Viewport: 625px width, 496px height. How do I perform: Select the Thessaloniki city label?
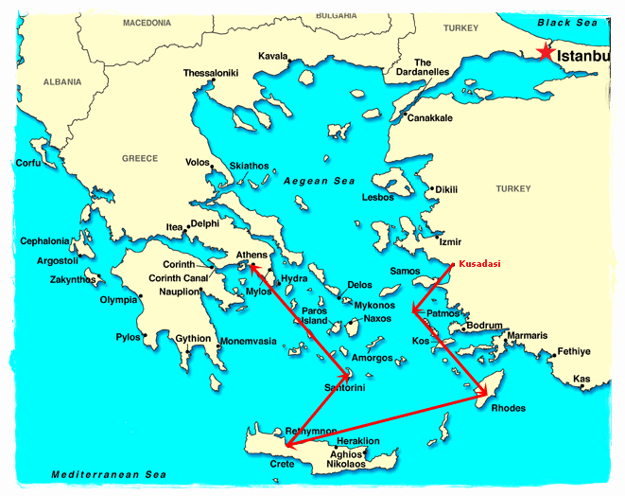[211, 73]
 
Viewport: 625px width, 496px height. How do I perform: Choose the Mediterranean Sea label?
[95, 474]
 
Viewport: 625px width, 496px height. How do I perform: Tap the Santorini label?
[345, 388]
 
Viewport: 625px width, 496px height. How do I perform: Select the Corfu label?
[29, 163]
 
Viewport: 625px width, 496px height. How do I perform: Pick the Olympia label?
[119, 300]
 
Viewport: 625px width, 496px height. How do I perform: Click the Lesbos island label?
[378, 198]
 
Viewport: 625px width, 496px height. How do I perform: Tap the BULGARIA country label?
[337, 16]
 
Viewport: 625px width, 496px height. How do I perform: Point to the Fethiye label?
[573, 351]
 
